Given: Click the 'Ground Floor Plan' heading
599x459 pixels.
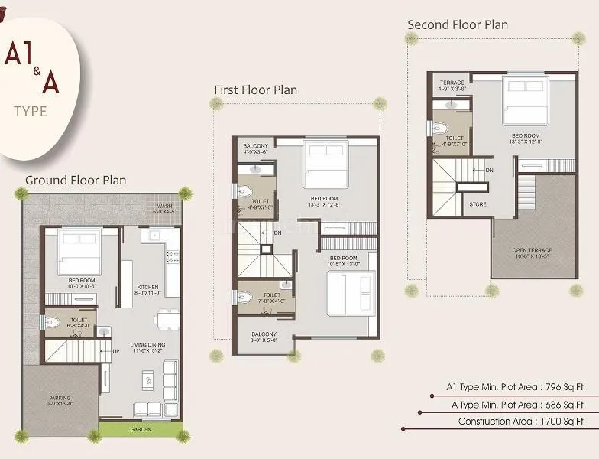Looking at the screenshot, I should [76, 181].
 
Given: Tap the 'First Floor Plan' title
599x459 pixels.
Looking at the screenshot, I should [255, 90].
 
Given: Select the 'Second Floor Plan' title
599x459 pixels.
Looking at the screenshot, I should [457, 24].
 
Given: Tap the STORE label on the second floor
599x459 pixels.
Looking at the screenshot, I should [478, 204].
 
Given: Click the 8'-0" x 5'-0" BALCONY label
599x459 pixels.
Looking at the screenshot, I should [264, 337].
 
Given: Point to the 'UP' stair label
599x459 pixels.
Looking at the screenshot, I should [117, 352].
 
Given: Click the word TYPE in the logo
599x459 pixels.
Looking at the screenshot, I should [31, 112].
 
